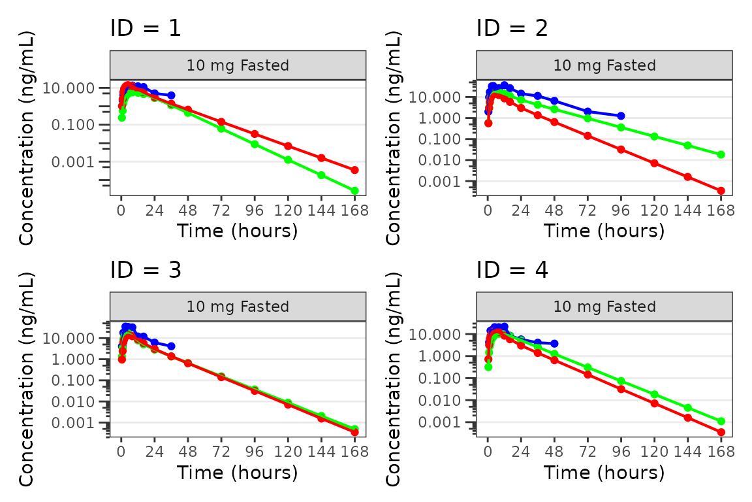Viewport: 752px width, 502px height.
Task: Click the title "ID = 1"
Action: [145, 28]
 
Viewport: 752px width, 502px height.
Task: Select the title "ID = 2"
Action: [512, 28]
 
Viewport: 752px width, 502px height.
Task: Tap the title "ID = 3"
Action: [145, 269]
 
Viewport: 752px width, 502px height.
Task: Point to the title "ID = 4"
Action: [512, 269]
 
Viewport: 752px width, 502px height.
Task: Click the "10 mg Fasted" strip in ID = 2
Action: [604, 65]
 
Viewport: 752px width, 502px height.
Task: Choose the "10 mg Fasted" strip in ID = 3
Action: [238, 307]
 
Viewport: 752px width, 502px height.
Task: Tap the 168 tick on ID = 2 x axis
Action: [721, 210]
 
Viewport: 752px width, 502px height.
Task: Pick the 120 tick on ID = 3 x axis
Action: [288, 452]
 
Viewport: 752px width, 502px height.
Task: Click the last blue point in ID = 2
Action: [621, 116]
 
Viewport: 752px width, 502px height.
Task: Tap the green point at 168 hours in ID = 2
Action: [721, 155]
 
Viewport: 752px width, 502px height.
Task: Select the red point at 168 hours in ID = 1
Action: [354, 170]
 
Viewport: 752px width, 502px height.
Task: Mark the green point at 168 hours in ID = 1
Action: [354, 191]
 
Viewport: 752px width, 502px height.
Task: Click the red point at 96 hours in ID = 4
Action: [621, 389]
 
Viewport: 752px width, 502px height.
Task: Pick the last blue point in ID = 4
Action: [554, 343]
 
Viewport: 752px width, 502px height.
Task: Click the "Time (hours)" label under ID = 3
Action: [238, 472]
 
